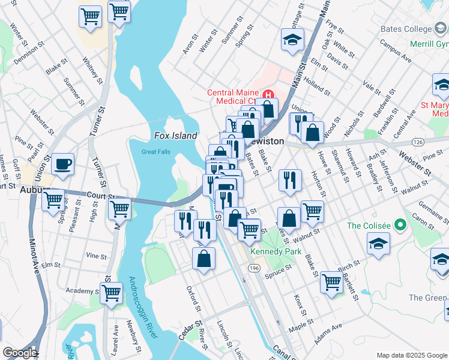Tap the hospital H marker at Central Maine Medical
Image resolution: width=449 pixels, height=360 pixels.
click(x=268, y=95)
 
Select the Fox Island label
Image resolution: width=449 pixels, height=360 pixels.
click(x=175, y=136)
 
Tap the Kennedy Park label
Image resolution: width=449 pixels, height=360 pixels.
click(x=276, y=251)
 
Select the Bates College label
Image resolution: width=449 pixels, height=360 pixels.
click(x=406, y=29)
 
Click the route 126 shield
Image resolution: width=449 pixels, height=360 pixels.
click(x=418, y=142)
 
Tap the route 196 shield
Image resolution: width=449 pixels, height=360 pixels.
click(x=255, y=268)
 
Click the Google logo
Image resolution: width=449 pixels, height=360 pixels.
click(x=19, y=353)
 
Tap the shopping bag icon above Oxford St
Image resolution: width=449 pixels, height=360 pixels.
click(x=204, y=259)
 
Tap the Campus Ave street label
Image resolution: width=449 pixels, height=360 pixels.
click(x=395, y=52)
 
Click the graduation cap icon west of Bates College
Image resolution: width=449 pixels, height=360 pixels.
click(x=292, y=40)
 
